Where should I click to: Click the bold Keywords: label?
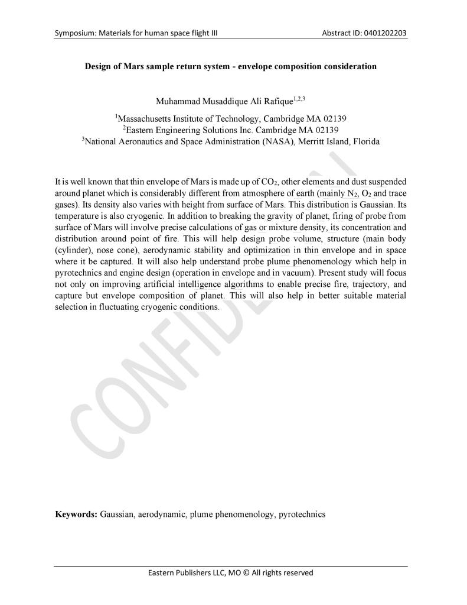coord(76,515)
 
